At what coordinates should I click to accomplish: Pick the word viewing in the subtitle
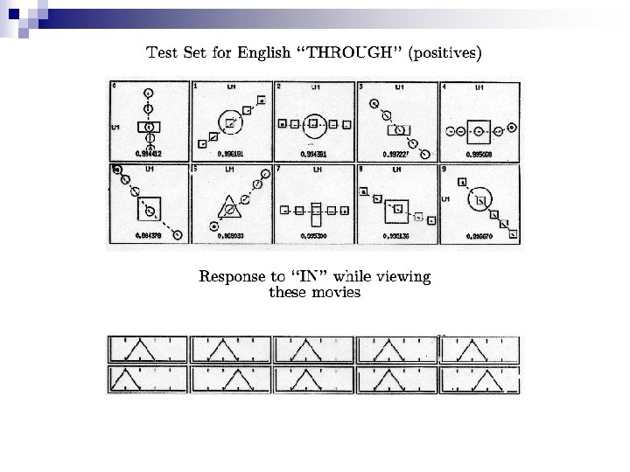402,277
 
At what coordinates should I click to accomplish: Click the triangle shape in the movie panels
228,210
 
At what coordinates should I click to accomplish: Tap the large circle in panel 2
313,124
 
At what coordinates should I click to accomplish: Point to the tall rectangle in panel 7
316,210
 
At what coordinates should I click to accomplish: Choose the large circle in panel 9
479,203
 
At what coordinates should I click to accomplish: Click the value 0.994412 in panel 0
148,153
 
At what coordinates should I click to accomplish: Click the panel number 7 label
278,168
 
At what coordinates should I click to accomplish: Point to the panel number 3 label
361,87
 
